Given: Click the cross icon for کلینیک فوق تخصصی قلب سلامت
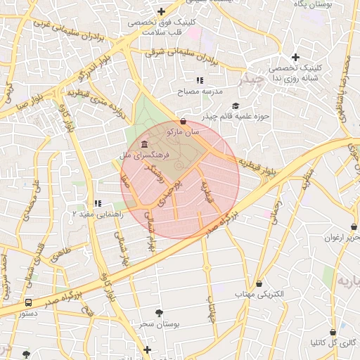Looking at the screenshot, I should click(162, 11).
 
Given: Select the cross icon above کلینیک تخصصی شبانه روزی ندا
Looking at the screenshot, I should click(296, 57).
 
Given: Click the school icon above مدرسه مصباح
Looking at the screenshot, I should click(200, 81).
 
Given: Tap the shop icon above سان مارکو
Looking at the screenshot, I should click(184, 121).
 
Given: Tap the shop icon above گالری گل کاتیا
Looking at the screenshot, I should click(333, 332).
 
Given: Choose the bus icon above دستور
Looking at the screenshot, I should click(28, 302).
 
